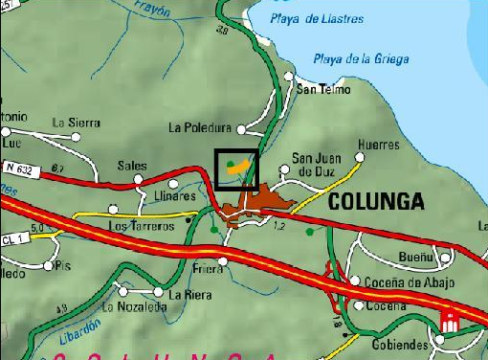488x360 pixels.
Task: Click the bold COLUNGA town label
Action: [x=376, y=202]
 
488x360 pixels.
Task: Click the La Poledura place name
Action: [x=200, y=126]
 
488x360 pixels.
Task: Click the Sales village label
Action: [x=132, y=166]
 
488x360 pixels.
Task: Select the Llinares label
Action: [x=174, y=195]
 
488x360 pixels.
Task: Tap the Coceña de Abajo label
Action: [x=404, y=281]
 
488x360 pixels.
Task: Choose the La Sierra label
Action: [x=76, y=123]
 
